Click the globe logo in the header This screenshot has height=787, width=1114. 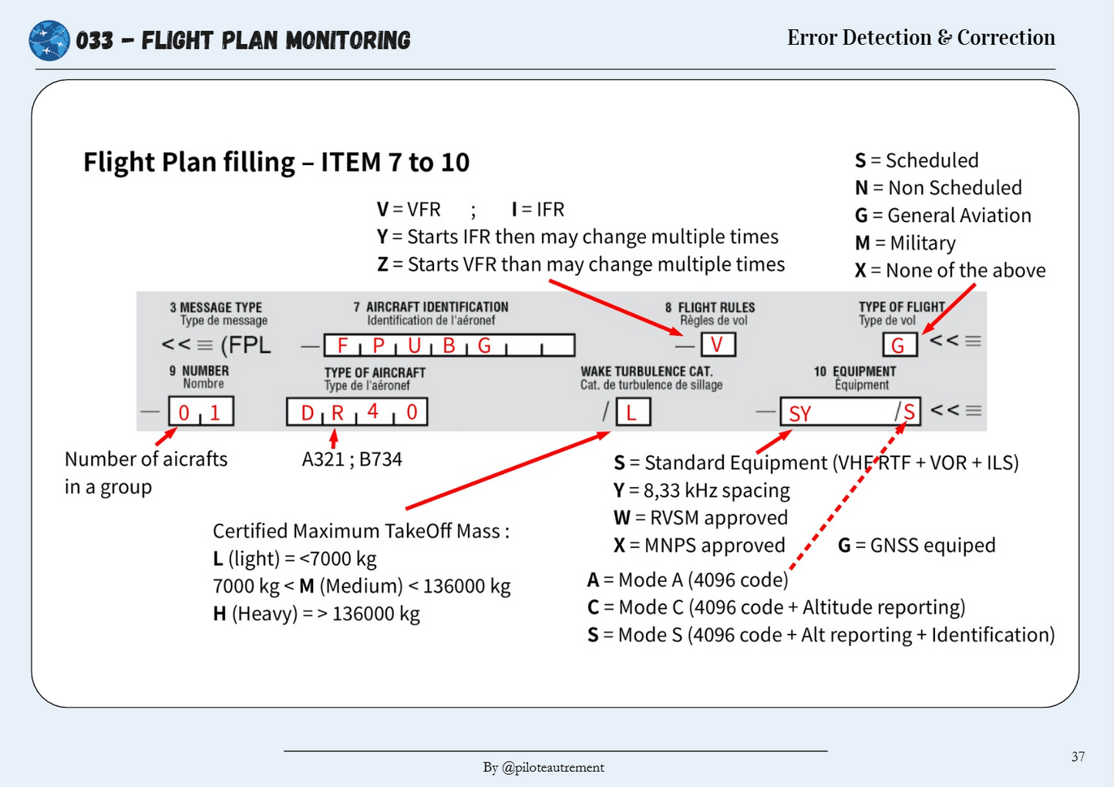pos(49,40)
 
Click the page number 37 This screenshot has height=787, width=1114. pos(1078,756)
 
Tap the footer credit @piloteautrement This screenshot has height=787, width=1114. pos(544,767)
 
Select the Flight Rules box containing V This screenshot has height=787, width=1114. pos(718,345)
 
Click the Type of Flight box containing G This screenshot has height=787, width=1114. pos(900,345)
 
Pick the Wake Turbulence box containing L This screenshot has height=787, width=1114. pos(632,412)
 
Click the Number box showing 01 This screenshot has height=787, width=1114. pos(200,412)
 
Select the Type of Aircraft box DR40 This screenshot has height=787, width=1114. pos(357,412)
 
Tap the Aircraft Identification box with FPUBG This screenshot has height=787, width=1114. pos(449,345)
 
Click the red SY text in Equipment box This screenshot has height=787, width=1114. pos(800,414)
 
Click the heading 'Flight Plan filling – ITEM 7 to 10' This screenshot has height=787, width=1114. pos(276,163)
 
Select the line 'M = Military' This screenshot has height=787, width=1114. pos(905,243)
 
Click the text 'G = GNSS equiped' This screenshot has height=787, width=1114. pos(916,545)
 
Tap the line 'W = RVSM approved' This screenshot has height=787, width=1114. pos(700,517)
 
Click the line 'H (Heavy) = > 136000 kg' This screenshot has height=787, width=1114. pos(316,614)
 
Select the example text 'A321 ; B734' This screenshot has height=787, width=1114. pos(352,459)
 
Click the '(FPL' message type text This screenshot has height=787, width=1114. pos(245,345)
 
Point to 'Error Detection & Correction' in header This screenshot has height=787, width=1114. pos(920,37)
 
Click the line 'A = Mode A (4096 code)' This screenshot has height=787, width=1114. pos(688,580)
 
